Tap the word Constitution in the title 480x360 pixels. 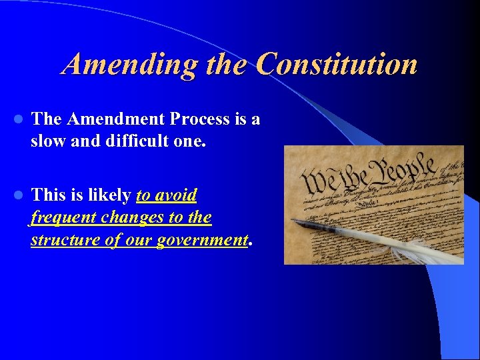coord(337,65)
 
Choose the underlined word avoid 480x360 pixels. coord(175,195)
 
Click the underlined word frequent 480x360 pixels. coord(62,218)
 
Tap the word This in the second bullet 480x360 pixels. coord(47,195)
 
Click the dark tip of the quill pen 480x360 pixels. coord(297,221)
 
